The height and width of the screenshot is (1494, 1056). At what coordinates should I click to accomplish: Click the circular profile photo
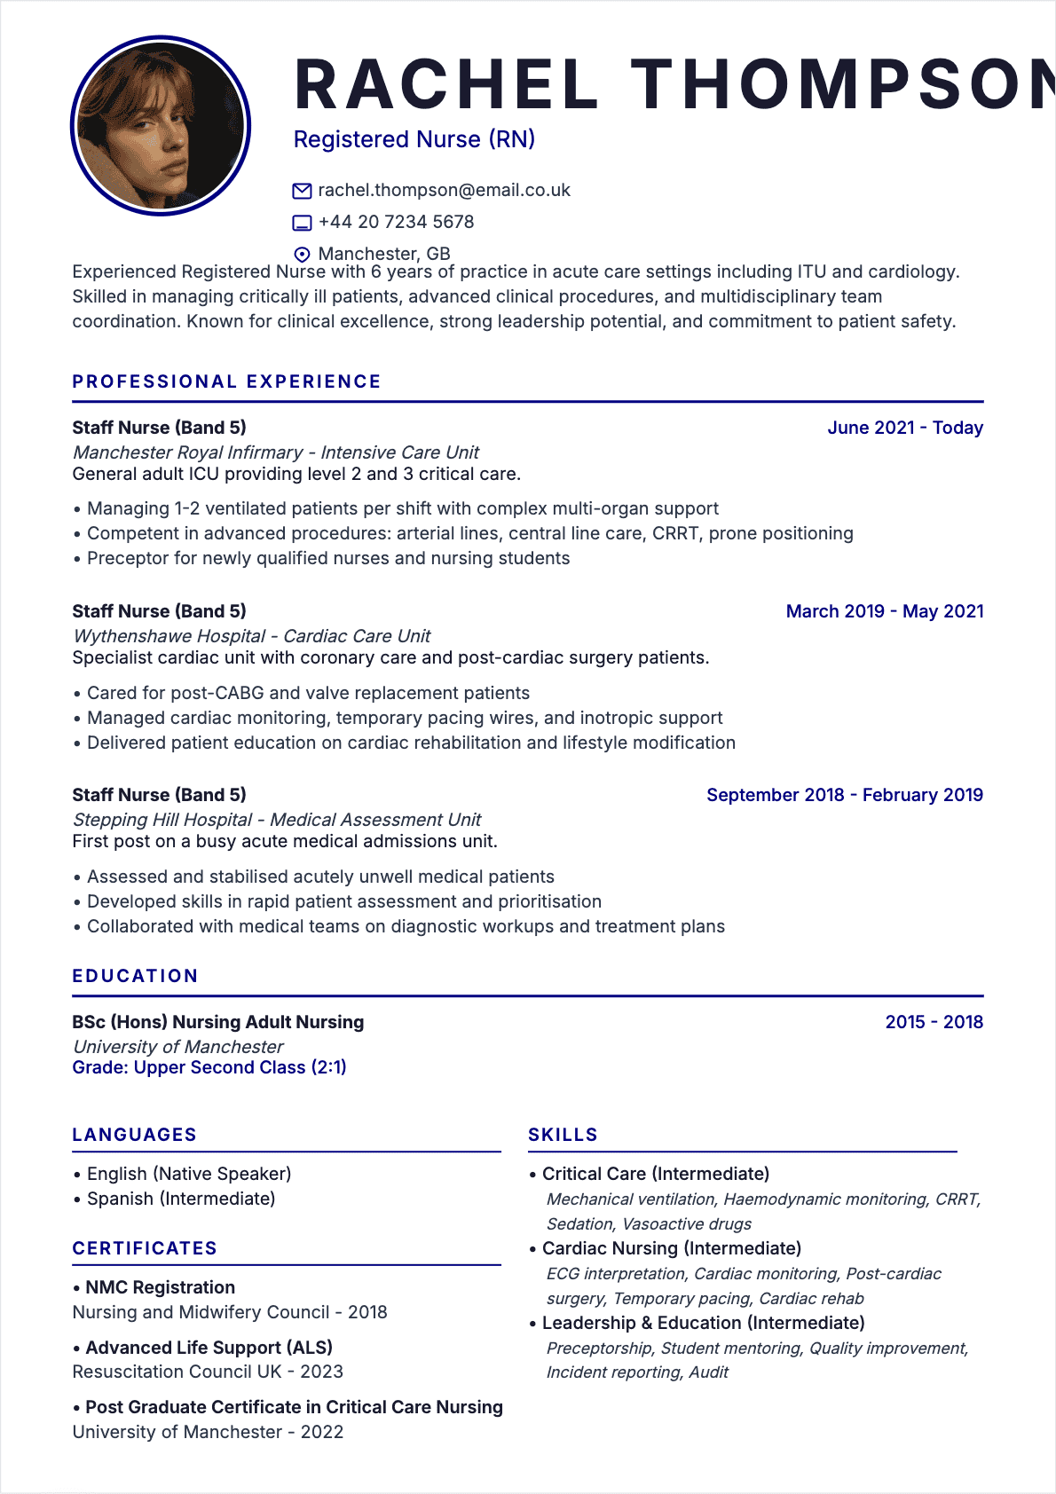tap(161, 125)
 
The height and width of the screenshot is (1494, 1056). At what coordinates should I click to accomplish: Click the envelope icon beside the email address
tap(302, 191)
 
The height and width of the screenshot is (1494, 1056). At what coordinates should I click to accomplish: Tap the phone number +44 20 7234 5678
tap(396, 222)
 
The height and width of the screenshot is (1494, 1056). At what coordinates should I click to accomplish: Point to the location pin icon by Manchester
tap(302, 255)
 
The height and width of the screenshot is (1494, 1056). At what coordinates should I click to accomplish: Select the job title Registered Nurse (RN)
tap(414, 139)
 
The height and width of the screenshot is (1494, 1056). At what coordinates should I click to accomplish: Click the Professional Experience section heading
tap(226, 381)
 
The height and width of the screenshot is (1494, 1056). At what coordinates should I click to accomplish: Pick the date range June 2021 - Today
tap(904, 428)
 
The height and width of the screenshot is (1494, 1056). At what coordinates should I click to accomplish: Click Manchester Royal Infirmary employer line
tap(276, 452)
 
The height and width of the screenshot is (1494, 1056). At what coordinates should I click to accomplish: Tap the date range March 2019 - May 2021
tap(884, 611)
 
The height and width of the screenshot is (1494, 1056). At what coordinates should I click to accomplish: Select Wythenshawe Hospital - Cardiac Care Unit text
tap(252, 636)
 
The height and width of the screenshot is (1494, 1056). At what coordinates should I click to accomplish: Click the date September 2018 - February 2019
tap(844, 795)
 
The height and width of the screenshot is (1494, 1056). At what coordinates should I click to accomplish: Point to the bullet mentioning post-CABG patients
tap(308, 693)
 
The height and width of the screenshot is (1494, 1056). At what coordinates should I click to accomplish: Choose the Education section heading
tap(135, 976)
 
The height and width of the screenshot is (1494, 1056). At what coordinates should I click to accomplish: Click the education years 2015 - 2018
tap(934, 1022)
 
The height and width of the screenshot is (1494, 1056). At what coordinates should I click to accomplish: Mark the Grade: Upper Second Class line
tap(209, 1067)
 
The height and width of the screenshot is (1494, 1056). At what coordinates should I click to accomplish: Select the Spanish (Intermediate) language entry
tap(181, 1199)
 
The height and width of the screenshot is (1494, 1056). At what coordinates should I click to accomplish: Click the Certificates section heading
tap(145, 1248)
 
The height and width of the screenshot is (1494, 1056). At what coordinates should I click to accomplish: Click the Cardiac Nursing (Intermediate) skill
tap(671, 1248)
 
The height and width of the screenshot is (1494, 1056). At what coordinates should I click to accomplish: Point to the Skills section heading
tap(563, 1135)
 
